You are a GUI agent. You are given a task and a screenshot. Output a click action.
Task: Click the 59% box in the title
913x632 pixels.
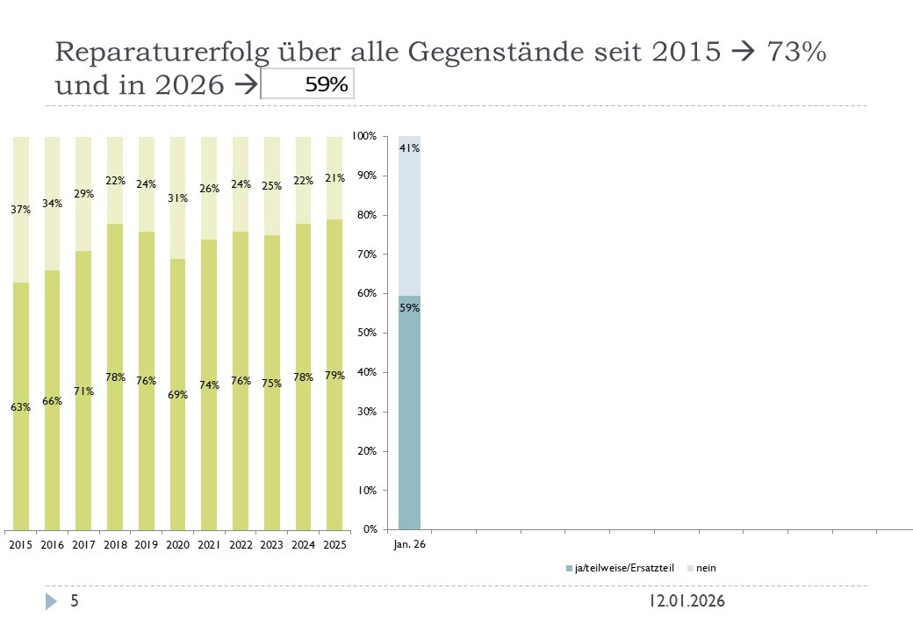click(308, 84)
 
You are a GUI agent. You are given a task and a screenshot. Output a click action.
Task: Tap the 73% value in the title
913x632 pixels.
click(795, 52)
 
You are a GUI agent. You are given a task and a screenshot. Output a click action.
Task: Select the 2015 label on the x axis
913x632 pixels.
click(20, 545)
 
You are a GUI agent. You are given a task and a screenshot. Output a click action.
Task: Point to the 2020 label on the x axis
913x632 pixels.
click(177, 545)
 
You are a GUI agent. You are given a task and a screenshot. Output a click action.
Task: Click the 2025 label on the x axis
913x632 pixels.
click(334, 545)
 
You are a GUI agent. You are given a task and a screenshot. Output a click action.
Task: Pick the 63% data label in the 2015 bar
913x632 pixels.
click(21, 407)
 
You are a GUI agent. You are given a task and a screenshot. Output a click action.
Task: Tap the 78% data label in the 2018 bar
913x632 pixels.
click(115, 377)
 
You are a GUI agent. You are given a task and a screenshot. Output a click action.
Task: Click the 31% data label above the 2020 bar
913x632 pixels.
click(177, 198)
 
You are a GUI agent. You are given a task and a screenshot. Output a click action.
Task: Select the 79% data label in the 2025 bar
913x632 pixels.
click(334, 376)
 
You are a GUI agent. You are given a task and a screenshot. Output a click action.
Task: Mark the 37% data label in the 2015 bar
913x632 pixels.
click(21, 210)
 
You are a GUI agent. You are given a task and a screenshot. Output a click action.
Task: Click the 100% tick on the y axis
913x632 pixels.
click(364, 137)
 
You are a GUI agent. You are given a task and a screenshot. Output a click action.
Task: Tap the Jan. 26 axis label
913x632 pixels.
click(409, 545)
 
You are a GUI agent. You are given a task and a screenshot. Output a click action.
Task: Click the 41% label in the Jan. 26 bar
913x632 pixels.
click(410, 149)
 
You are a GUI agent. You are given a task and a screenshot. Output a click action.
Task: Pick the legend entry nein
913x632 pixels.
click(706, 568)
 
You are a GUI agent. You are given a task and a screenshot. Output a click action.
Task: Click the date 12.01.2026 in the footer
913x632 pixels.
click(687, 601)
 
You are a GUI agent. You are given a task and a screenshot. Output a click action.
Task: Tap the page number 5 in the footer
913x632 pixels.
click(75, 601)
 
